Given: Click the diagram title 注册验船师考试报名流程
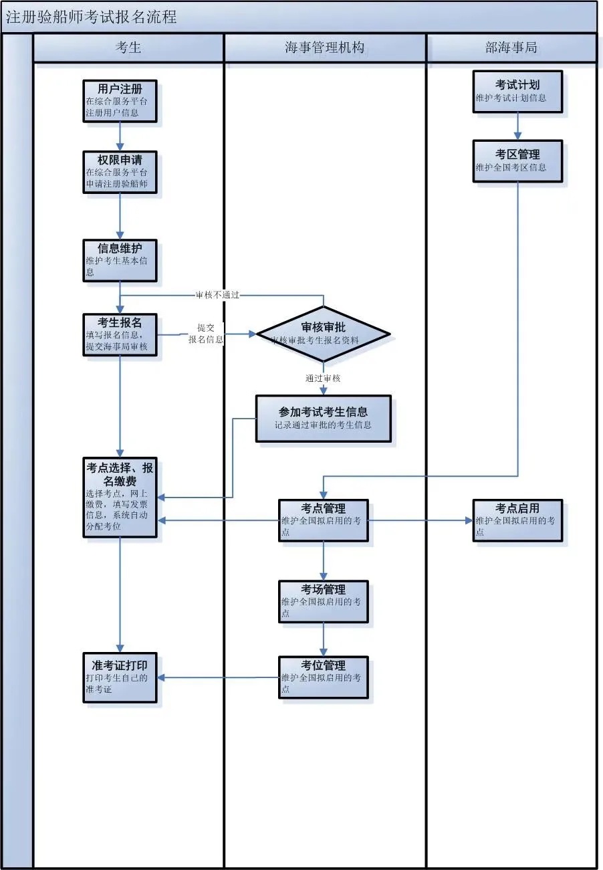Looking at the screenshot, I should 91,17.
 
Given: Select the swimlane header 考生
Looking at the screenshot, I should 128,47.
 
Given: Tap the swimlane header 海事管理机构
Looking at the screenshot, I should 324,47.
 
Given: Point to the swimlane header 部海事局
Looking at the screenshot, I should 511,47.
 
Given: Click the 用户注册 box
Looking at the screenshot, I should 120,100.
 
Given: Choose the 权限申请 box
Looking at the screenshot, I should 120,172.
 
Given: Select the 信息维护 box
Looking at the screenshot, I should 120,260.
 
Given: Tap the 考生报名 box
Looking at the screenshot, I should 120,334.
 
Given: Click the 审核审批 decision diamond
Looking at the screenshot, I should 323,334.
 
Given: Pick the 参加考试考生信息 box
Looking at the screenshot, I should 323,419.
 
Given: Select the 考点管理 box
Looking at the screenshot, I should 323,520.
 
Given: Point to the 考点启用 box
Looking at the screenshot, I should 517,520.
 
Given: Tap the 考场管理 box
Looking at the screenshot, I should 323,601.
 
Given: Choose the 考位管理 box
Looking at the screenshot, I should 323,677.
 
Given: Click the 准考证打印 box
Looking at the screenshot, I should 120,677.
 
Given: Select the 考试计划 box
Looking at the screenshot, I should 517,91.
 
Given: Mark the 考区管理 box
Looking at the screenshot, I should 517,160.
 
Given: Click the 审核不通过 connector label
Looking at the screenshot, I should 217,294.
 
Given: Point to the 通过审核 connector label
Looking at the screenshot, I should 323,378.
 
